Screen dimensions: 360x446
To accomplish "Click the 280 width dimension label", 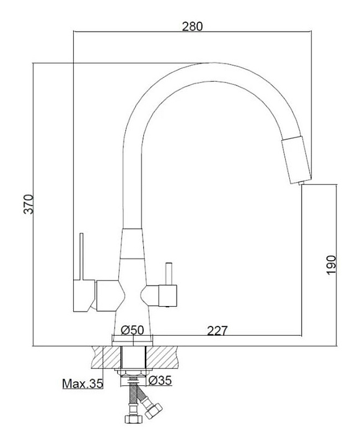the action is [x=192, y=26].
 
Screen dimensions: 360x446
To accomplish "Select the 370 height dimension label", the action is [x=29, y=204].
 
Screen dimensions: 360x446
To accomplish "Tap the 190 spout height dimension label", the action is [x=331, y=265].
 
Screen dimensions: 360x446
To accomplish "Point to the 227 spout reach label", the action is [x=217, y=331].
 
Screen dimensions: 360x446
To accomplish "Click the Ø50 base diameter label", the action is [x=133, y=330].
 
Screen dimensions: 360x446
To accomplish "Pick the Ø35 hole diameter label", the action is [x=160, y=380].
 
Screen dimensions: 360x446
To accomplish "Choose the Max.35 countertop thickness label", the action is [x=82, y=383].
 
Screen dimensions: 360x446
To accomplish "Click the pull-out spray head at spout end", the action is [x=296, y=160].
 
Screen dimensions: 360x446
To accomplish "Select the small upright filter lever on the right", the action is [x=169, y=274].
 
